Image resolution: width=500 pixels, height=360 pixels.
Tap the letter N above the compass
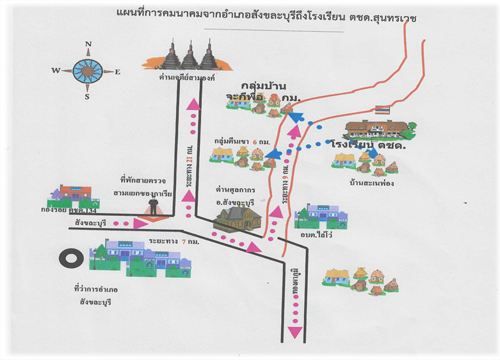(x=88, y=44)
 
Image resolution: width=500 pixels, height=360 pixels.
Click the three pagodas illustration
(x=190, y=56)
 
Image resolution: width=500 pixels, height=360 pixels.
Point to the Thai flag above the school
(x=382, y=110)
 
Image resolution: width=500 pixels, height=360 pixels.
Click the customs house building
(x=238, y=218)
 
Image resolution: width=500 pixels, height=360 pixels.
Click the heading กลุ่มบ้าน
(x=264, y=85)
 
